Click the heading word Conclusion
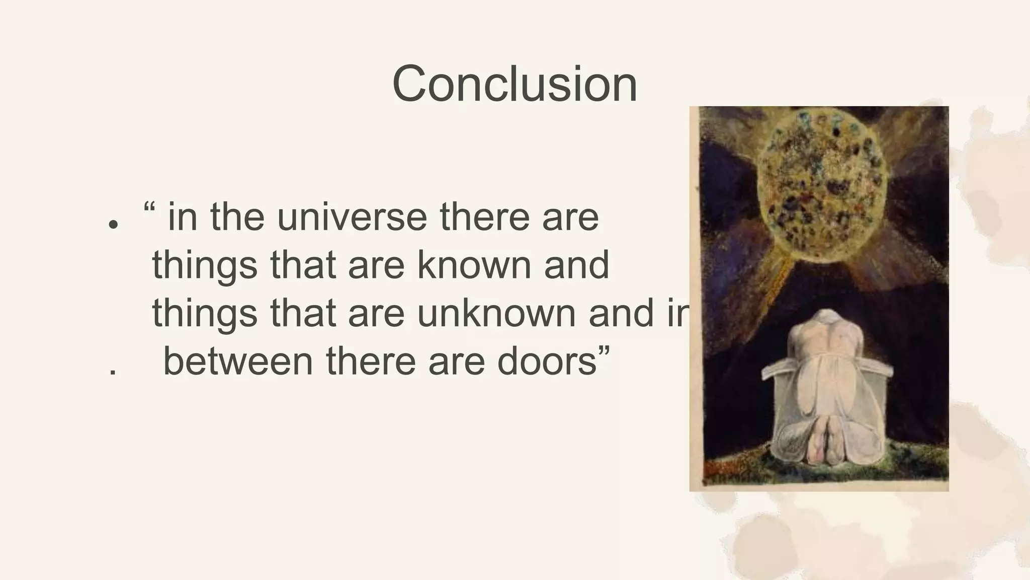(x=514, y=84)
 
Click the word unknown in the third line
(x=496, y=313)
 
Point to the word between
(x=238, y=361)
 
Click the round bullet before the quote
(x=113, y=224)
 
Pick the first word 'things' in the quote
(x=205, y=266)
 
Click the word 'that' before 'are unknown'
(x=303, y=313)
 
